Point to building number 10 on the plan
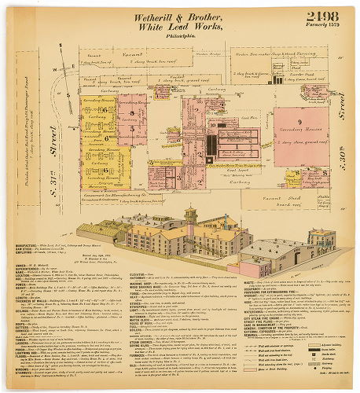tap(212, 123)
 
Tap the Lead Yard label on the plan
tap(231, 146)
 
